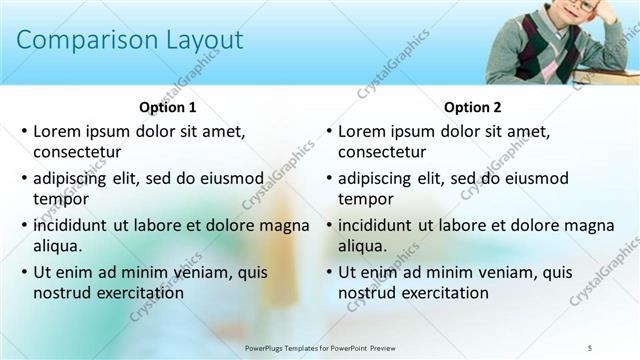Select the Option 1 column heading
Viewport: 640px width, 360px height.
click(166, 107)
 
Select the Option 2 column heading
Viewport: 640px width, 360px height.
click(472, 107)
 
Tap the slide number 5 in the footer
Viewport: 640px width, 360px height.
click(590, 347)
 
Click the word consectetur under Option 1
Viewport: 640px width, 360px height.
click(77, 152)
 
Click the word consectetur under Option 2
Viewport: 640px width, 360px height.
click(382, 152)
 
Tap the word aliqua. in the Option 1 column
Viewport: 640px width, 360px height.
click(58, 246)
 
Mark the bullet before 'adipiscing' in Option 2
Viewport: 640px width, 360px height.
click(329, 179)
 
